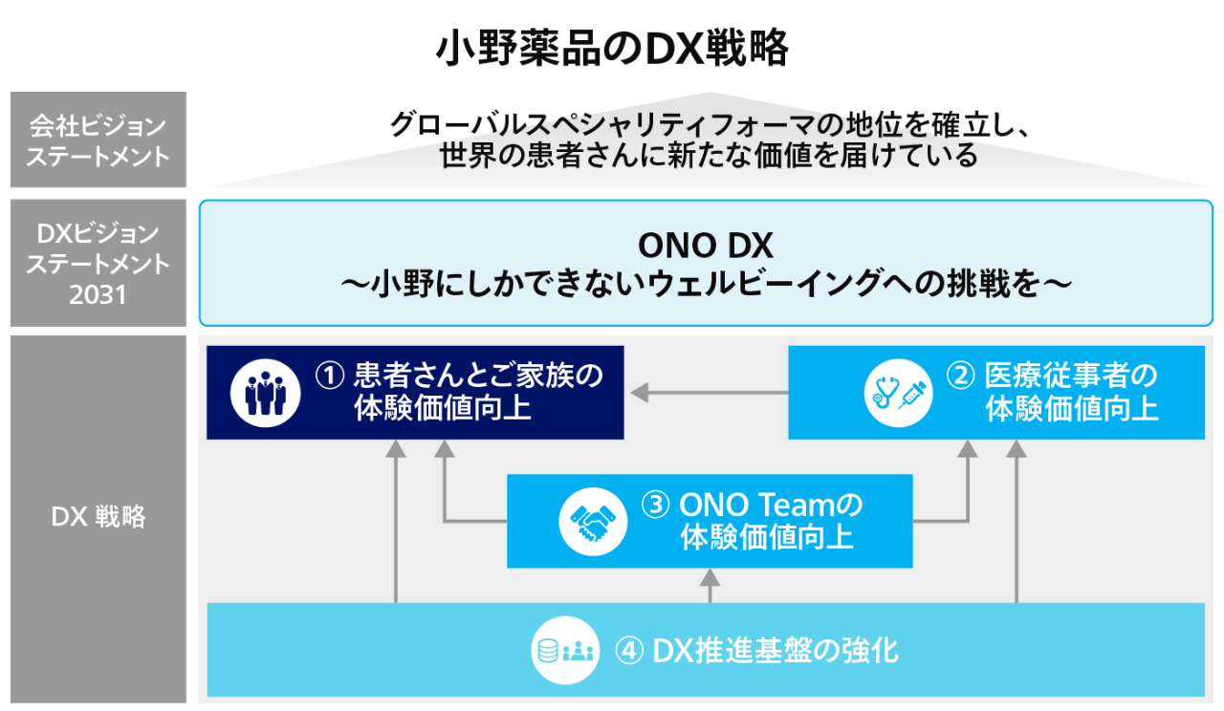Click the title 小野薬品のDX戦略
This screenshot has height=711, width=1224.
612,48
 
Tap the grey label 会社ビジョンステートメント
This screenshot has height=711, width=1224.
98,140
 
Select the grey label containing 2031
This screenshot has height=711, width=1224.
98,263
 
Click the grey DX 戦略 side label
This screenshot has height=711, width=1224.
98,517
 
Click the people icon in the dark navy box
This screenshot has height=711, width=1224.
259,393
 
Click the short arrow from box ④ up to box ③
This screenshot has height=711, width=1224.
710,585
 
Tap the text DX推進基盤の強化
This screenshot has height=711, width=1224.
776,651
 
